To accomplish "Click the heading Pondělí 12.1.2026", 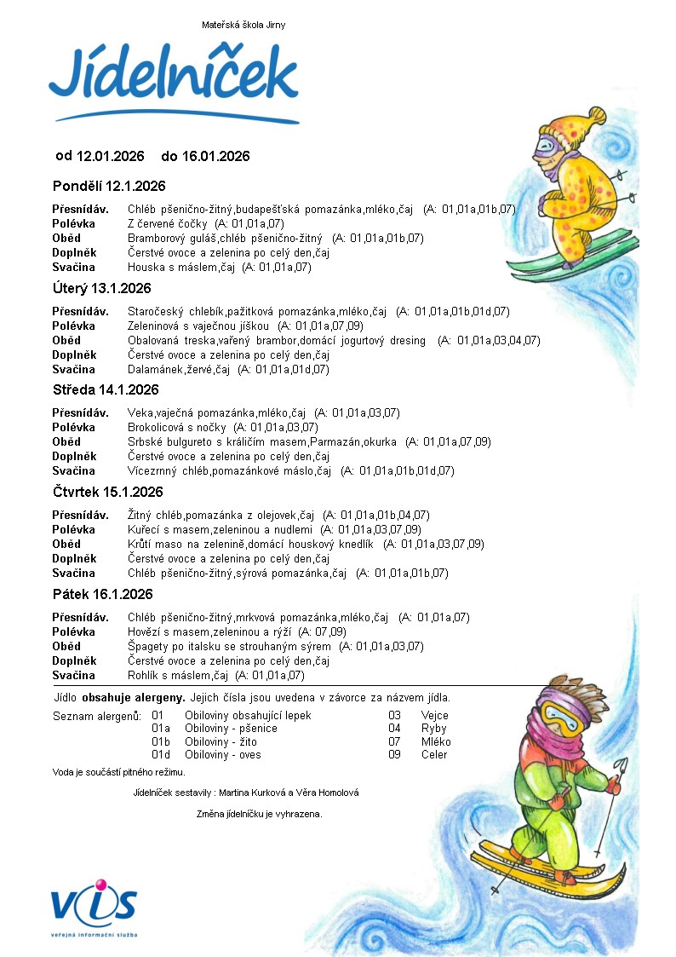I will (x=109, y=186).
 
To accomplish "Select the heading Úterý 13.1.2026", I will (x=101, y=288).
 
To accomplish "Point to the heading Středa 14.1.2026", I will (x=106, y=390).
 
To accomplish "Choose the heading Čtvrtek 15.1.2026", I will (x=107, y=492).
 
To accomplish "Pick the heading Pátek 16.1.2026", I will (x=102, y=594).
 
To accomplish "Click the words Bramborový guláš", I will (x=166, y=238).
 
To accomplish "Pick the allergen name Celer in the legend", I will (x=434, y=754).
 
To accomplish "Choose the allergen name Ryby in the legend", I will (x=433, y=729).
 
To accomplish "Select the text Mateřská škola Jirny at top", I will (x=243, y=25).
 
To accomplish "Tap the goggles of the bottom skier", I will (x=558, y=717).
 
